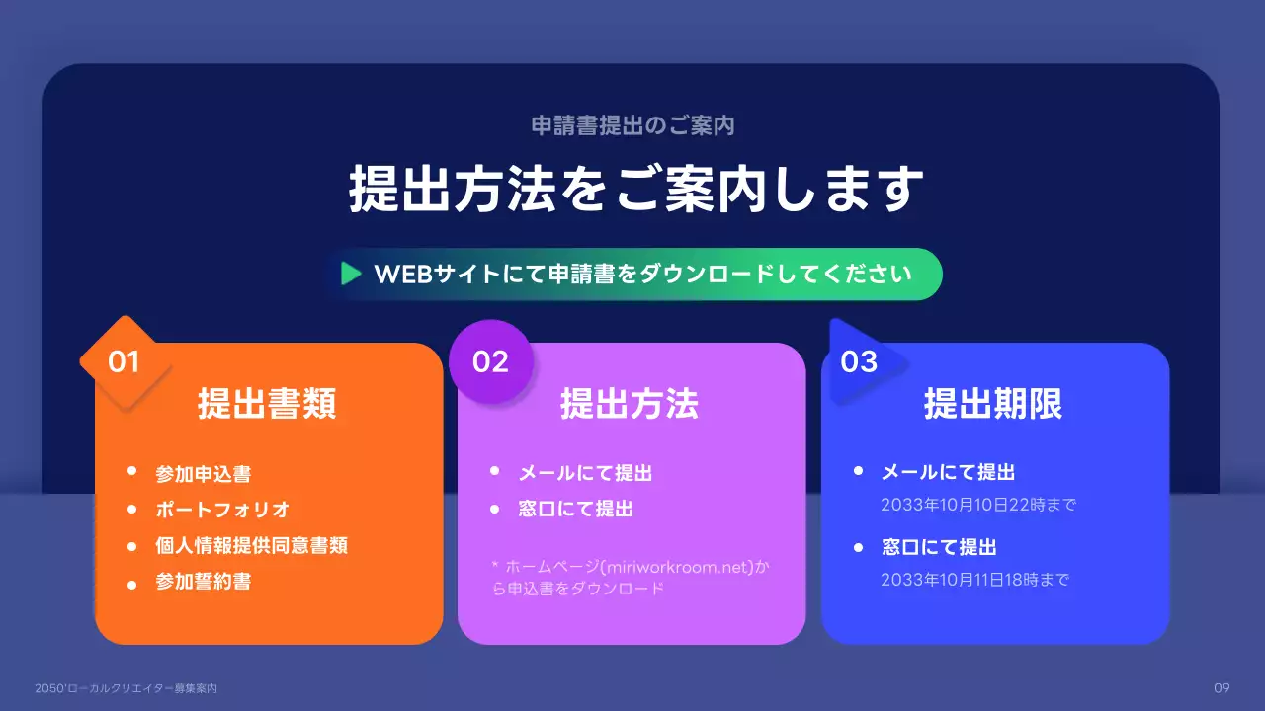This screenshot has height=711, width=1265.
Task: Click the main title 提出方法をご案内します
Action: coord(635,190)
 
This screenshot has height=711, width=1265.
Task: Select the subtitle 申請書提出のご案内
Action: coord(632,126)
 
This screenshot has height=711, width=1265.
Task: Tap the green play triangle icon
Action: coord(351,274)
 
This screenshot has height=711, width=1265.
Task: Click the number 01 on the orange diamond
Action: coord(125,362)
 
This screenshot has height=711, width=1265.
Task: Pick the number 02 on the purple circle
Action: coord(490,362)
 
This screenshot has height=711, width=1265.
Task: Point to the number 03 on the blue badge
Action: coord(859,362)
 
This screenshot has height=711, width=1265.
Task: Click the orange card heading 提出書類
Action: coord(267,404)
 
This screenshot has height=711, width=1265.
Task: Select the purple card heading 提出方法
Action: coord(630,404)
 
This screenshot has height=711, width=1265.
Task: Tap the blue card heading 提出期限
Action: coord(993,404)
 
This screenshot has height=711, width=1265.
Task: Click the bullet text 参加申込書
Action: coord(203,474)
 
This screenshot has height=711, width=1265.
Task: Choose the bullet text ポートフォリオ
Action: coord(222,510)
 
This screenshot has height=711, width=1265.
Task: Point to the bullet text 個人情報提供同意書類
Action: coord(251,546)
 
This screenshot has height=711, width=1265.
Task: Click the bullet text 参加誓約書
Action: coord(203,582)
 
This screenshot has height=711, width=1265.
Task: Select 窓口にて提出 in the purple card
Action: coord(575,510)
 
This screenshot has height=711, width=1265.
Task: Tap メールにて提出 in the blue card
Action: coord(948,473)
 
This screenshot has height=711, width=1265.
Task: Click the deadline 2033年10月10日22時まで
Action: coord(977,505)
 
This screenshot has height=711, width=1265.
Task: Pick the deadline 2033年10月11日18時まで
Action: coord(974,580)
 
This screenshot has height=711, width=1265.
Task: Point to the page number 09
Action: coord(1221,687)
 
